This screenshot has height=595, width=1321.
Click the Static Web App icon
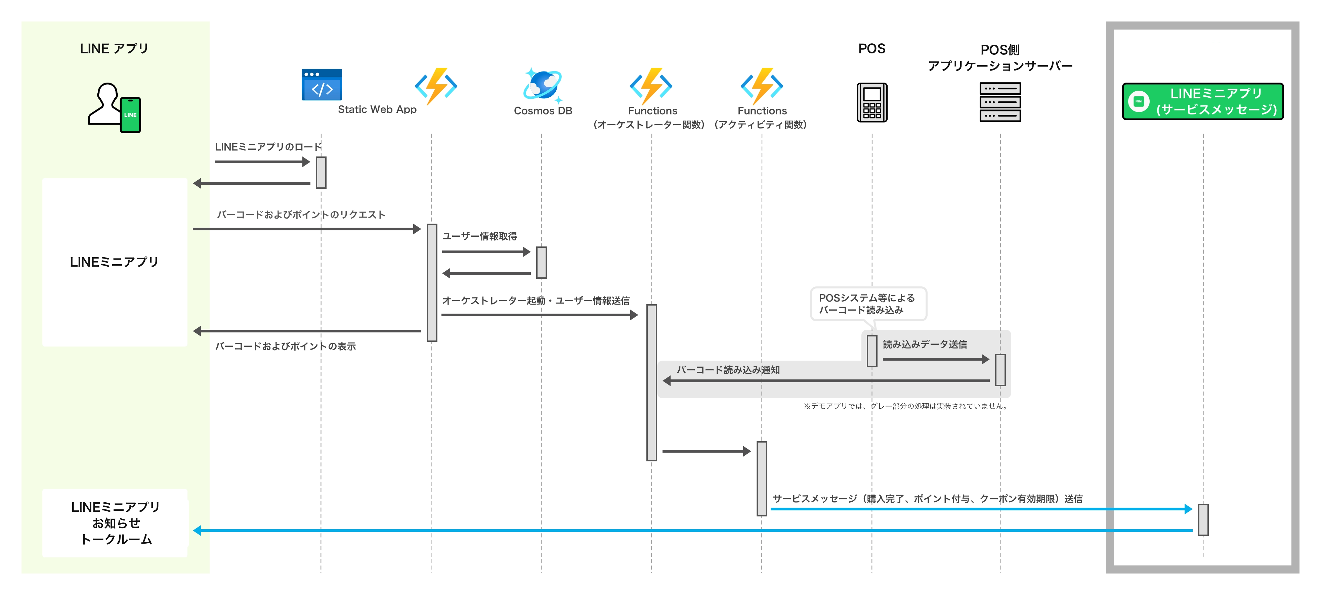click(322, 85)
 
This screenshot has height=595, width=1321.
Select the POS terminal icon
click(872, 102)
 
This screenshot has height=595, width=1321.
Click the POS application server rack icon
click(999, 102)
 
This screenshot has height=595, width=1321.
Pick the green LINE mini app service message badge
click(1202, 101)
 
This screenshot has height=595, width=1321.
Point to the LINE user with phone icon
click(114, 108)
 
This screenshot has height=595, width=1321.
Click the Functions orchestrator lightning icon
click(651, 86)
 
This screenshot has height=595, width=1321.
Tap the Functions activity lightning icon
click(762, 86)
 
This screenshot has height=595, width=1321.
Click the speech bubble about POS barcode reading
click(868, 304)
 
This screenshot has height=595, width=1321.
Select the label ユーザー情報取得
click(479, 236)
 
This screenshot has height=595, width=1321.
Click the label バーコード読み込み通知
click(728, 370)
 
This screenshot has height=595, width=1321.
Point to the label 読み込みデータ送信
click(925, 345)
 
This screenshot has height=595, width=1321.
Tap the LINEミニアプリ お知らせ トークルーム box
click(115, 523)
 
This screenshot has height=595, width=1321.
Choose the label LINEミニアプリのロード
click(268, 147)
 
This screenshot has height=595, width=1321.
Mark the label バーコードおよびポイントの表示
click(285, 347)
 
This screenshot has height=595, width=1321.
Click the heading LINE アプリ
click(114, 49)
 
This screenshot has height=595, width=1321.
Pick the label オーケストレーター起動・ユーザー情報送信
click(536, 301)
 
